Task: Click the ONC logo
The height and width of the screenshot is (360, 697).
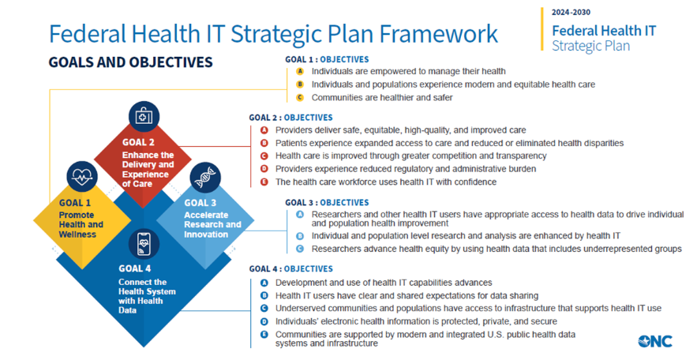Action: [655, 341]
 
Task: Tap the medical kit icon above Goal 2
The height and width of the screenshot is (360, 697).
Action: [144, 116]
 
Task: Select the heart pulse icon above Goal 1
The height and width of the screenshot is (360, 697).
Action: [82, 176]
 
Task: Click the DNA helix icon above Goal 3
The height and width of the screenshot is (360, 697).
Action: [205, 178]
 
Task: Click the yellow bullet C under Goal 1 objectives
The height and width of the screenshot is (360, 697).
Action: [300, 97]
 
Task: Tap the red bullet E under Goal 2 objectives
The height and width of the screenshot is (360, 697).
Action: [264, 182]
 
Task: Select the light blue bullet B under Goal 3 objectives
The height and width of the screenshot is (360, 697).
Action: [300, 236]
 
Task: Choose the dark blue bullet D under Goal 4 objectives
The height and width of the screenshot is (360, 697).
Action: [264, 321]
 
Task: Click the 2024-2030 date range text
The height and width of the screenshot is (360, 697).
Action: [571, 13]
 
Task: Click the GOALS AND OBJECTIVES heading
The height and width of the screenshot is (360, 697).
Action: [131, 62]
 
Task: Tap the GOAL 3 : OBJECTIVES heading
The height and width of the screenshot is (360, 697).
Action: [327, 203]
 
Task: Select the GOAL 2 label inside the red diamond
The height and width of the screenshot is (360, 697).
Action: [138, 142]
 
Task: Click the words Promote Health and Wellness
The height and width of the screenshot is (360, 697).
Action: [81, 224]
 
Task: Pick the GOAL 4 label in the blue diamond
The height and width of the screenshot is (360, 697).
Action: [135, 268]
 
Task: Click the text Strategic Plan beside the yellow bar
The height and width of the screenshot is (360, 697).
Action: [590, 46]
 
